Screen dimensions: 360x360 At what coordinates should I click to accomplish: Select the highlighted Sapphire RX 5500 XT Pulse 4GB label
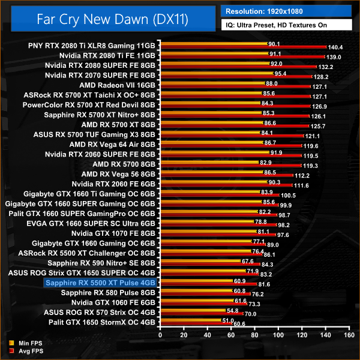100,282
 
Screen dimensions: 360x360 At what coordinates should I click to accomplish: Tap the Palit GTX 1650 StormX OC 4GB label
100,322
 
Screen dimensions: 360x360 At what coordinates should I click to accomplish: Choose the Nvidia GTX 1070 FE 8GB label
113,232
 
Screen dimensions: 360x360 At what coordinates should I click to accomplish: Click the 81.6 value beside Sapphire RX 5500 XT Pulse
265,284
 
